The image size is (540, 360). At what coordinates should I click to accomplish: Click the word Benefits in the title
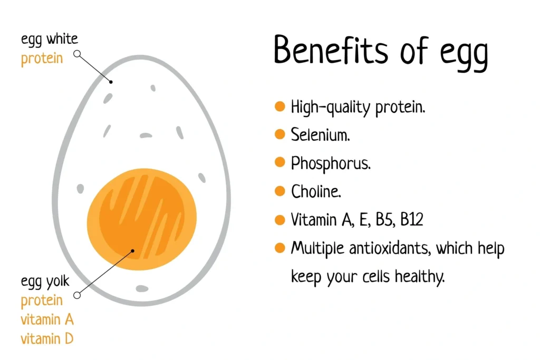326,52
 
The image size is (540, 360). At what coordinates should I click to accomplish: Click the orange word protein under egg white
42,59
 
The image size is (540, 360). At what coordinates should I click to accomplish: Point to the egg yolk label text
45,283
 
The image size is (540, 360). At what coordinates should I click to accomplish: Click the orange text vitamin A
47,319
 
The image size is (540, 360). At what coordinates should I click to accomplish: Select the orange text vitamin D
47,338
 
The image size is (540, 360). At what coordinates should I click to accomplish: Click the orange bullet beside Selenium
280,135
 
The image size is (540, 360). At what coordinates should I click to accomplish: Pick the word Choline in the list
316,191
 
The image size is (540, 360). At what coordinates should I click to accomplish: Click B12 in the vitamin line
411,220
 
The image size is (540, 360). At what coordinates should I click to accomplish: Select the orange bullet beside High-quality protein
280,107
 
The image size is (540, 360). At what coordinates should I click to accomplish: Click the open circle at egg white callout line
77,54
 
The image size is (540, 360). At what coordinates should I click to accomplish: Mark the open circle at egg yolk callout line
77,295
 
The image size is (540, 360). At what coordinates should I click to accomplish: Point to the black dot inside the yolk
133,251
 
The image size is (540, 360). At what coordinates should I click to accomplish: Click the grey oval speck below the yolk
142,288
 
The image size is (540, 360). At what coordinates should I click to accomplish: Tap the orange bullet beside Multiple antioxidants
280,248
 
